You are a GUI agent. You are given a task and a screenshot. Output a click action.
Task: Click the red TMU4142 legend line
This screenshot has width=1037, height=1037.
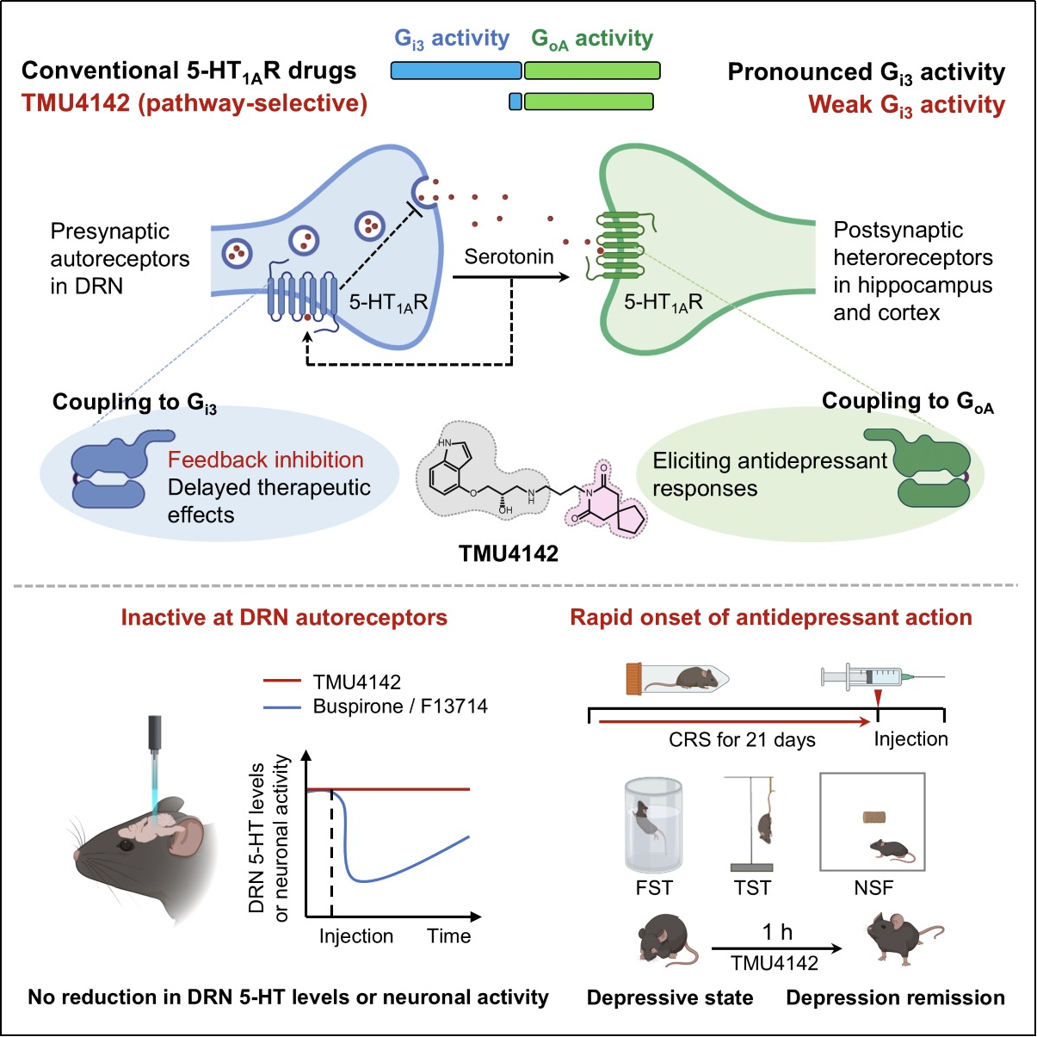point(282,681)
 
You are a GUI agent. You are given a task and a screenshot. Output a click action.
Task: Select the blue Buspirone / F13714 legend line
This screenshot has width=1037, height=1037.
point(282,707)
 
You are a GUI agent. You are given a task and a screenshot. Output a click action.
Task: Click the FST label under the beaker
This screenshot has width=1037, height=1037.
point(654,888)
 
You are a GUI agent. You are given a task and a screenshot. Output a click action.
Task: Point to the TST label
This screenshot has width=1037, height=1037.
point(752,888)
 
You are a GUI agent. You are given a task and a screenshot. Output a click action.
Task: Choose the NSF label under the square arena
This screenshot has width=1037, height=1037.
point(873,888)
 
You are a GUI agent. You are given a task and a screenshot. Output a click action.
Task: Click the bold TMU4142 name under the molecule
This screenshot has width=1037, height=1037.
point(509,553)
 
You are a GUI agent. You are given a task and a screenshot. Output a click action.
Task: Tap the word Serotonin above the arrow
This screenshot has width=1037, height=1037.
point(509,256)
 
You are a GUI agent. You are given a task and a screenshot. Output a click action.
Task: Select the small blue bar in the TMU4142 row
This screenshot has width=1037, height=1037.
point(515,102)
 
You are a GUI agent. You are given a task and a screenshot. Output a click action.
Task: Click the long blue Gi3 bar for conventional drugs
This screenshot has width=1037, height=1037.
point(456,71)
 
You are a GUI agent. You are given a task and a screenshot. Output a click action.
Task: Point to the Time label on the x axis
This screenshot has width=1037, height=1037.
point(448,936)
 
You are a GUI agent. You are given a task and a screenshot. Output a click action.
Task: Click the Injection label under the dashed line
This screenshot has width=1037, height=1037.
point(355,936)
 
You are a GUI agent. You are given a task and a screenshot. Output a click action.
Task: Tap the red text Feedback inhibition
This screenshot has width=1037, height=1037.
point(265,460)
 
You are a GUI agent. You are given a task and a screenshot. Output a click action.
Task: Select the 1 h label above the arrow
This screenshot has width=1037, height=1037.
point(776,932)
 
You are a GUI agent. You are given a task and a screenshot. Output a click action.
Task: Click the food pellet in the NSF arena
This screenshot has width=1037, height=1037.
point(874,817)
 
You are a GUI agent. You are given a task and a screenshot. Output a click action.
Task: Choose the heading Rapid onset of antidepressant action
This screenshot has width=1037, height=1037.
point(770,617)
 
